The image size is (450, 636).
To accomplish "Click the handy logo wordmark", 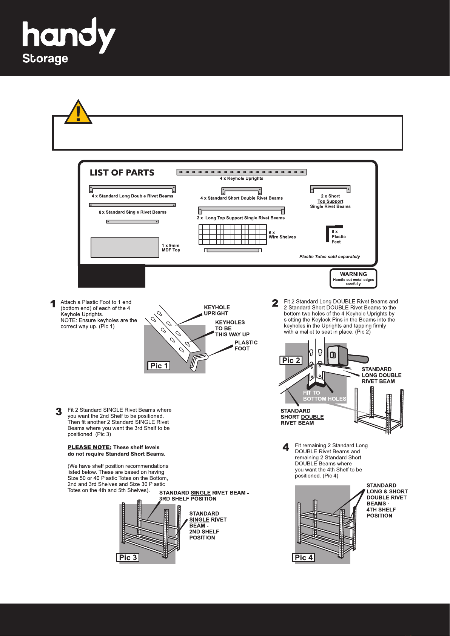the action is (69, 35).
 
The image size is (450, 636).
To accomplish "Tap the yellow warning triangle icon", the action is (78, 112).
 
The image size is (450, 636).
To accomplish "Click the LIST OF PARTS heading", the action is (122, 172).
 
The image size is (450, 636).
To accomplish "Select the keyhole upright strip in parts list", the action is (241, 172).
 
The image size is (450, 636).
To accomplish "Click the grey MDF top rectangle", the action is (125, 248).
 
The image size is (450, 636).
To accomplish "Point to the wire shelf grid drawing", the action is (233, 234).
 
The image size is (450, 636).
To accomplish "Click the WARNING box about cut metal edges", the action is (353, 279).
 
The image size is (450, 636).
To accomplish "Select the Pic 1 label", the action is (159, 366).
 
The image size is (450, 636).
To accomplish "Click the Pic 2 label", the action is (291, 360).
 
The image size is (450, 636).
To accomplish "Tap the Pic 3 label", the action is (128, 557).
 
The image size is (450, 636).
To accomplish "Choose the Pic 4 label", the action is (304, 557).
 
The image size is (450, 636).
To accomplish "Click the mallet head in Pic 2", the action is (337, 355).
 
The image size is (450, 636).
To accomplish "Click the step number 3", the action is (59, 412).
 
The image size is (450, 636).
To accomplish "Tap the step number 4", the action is (286, 447).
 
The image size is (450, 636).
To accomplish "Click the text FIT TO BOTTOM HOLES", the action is (325, 396).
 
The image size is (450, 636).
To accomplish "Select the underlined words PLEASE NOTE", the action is (89, 447).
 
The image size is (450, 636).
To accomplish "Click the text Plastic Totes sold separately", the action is (330, 257).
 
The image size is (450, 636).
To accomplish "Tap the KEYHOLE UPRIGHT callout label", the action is (217, 310).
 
